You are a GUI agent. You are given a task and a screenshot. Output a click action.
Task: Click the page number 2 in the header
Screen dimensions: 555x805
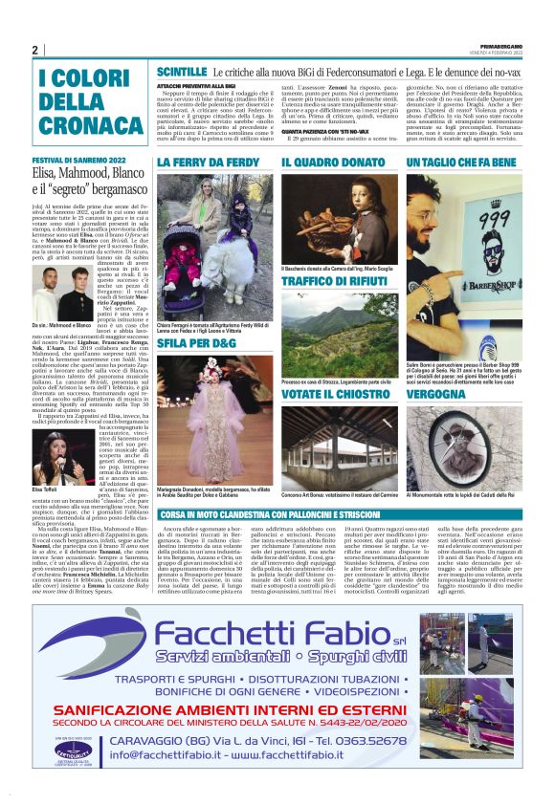tap(34, 50)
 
